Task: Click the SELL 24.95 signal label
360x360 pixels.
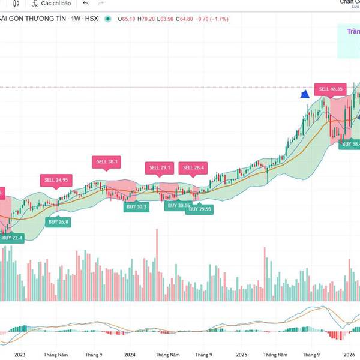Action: (56, 179)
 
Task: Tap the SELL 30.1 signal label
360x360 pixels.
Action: (106, 161)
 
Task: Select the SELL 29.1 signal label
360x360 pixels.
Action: (160, 167)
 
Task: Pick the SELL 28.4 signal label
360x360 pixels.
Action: (194, 167)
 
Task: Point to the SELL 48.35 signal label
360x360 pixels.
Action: (331, 89)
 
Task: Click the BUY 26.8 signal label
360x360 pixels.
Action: (59, 221)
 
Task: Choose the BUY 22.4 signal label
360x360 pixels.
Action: (12, 238)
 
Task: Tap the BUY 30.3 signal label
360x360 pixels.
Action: (136, 206)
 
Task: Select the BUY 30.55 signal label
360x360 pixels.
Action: (178, 206)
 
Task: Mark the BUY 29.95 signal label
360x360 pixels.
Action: (200, 209)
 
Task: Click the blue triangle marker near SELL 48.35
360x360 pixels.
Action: (305, 94)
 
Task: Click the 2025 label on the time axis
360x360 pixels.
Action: (242, 355)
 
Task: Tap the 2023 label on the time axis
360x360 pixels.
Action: (19, 355)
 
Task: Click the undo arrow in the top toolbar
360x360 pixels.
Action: (86, 4)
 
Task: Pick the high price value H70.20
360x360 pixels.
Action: (147, 19)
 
